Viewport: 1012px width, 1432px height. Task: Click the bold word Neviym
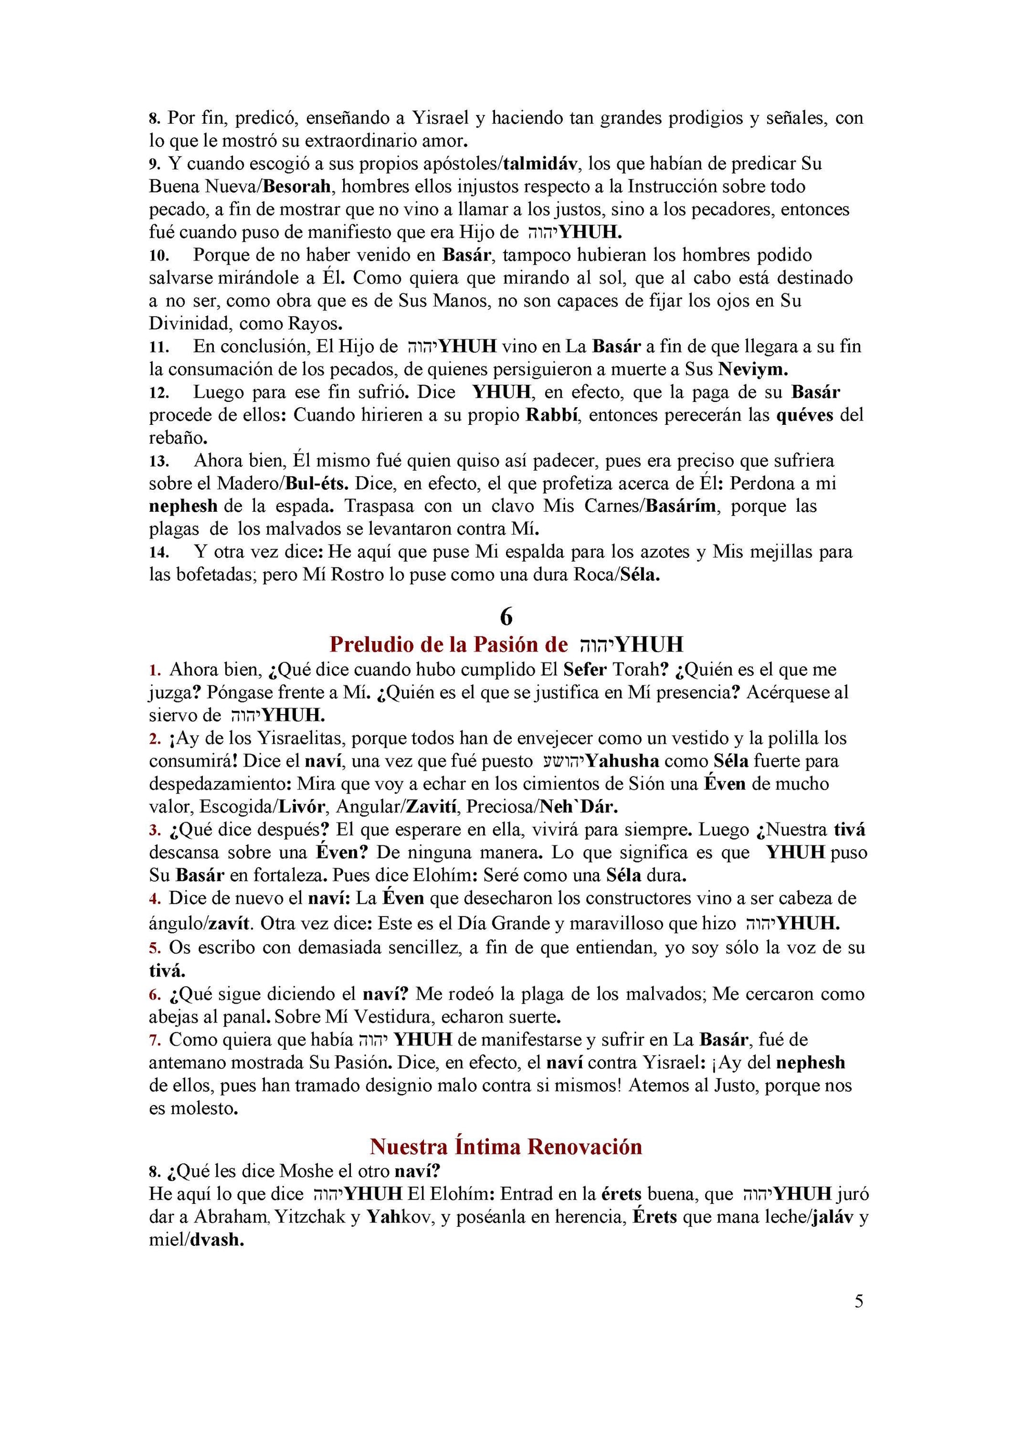753,369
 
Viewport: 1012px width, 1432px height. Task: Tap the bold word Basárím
683,506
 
